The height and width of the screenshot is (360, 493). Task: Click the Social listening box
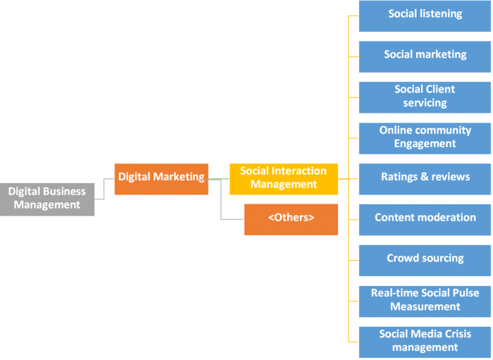point(425,15)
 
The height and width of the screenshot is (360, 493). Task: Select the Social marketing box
point(425,56)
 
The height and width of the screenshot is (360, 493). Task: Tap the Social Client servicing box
point(425,97)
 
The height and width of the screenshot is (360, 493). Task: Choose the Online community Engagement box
point(425,137)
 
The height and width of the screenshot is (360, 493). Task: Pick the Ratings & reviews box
point(425,178)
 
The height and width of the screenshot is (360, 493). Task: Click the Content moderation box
point(425,218)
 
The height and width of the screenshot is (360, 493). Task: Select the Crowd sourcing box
point(425,259)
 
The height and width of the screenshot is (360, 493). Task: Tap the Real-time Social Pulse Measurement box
point(425,300)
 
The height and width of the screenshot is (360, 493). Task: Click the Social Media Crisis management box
point(425,341)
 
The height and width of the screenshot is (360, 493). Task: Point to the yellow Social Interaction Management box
point(283,178)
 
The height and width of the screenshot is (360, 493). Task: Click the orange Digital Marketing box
point(161,178)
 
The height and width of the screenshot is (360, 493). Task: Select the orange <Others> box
point(291,218)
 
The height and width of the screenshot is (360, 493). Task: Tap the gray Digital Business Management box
point(47,199)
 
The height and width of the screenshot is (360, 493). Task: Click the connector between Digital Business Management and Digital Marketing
point(104,189)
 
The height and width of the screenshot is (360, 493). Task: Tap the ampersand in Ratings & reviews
point(425,178)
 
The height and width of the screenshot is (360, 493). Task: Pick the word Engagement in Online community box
point(425,144)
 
